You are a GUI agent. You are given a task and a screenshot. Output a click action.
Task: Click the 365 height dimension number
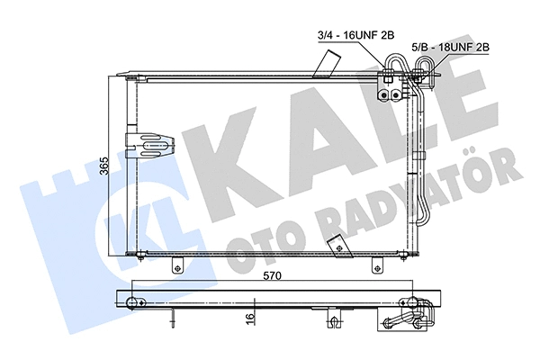[104, 167]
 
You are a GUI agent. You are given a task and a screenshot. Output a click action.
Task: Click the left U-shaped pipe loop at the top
[393, 66]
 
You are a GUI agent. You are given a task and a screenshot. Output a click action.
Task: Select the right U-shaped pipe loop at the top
[423, 66]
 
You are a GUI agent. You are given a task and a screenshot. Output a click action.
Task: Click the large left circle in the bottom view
[135, 302]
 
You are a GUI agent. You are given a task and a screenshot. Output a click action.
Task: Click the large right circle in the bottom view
[413, 302]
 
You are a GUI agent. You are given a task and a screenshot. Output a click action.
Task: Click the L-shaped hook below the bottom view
[334, 321]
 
